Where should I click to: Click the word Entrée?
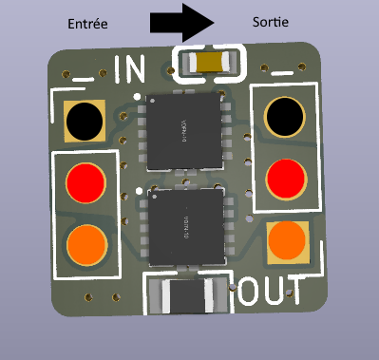pos(86,22)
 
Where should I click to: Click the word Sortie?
pos(271,21)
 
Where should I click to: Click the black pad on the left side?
pos(84,120)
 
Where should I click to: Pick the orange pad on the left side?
pos(85,242)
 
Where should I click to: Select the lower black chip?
pos(186,224)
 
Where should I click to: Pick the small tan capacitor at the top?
pos(211,63)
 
